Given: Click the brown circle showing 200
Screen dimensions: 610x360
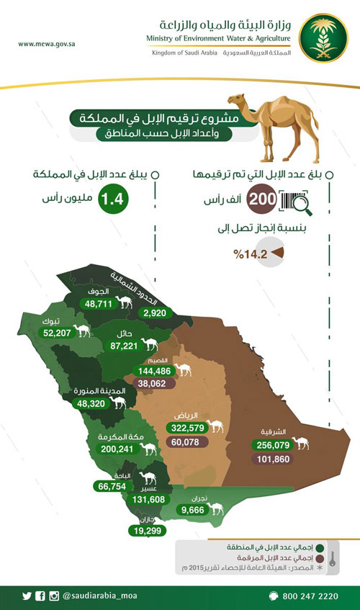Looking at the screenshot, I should point(261,199).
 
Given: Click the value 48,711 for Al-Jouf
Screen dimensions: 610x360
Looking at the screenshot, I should point(101,304).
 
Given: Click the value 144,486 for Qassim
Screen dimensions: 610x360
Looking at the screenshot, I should point(156,371).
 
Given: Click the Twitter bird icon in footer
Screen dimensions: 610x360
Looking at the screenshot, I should point(27,596).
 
